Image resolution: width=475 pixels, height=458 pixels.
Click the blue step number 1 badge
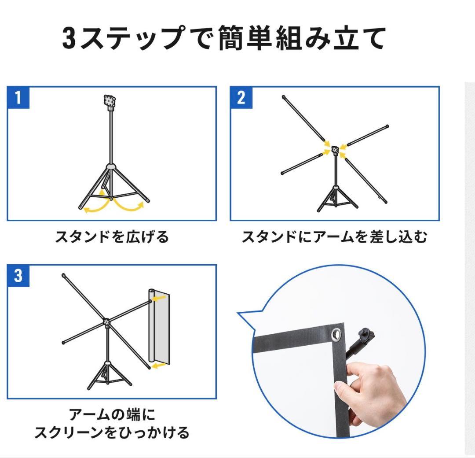(x=18, y=98)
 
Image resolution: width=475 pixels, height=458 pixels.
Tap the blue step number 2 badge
(x=241, y=98)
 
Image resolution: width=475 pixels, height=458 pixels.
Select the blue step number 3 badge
(x=18, y=276)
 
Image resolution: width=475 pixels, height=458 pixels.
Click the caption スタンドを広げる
(x=112, y=237)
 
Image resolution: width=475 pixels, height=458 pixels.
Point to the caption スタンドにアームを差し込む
(x=334, y=237)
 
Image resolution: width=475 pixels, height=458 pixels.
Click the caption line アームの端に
(x=112, y=414)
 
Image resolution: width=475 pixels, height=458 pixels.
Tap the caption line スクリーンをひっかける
(x=112, y=432)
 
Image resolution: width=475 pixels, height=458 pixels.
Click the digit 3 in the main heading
(x=69, y=39)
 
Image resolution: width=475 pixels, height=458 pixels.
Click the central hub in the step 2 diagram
(x=335, y=150)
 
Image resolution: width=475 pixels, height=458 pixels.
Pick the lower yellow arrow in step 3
(x=159, y=365)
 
